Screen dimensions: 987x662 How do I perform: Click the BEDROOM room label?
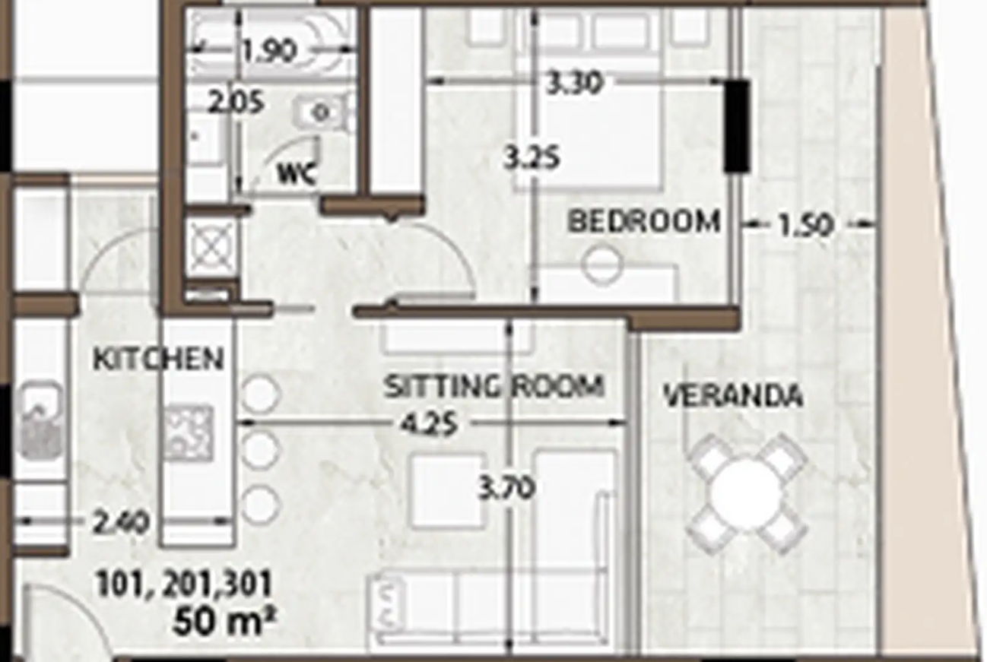(644, 221)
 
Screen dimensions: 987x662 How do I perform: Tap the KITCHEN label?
(159, 359)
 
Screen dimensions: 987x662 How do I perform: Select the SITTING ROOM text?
(494, 386)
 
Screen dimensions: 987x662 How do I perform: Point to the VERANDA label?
(733, 395)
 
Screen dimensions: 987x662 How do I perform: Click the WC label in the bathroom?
(297, 173)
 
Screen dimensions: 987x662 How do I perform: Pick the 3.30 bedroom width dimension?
(573, 84)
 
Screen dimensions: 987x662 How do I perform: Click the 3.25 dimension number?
(532, 159)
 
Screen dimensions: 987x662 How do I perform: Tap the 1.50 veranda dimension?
(806, 226)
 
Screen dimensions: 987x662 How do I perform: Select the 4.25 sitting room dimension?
(429, 425)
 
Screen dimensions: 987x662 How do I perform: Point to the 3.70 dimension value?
(506, 489)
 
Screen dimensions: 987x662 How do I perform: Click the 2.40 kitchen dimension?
(122, 523)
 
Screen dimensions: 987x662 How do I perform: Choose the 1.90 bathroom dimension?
(270, 52)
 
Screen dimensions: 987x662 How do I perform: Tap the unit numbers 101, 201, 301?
(184, 584)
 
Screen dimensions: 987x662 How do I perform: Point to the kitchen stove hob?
(189, 433)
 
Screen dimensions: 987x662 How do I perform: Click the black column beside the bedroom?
(737, 126)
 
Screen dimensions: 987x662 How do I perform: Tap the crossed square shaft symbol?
(212, 247)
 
